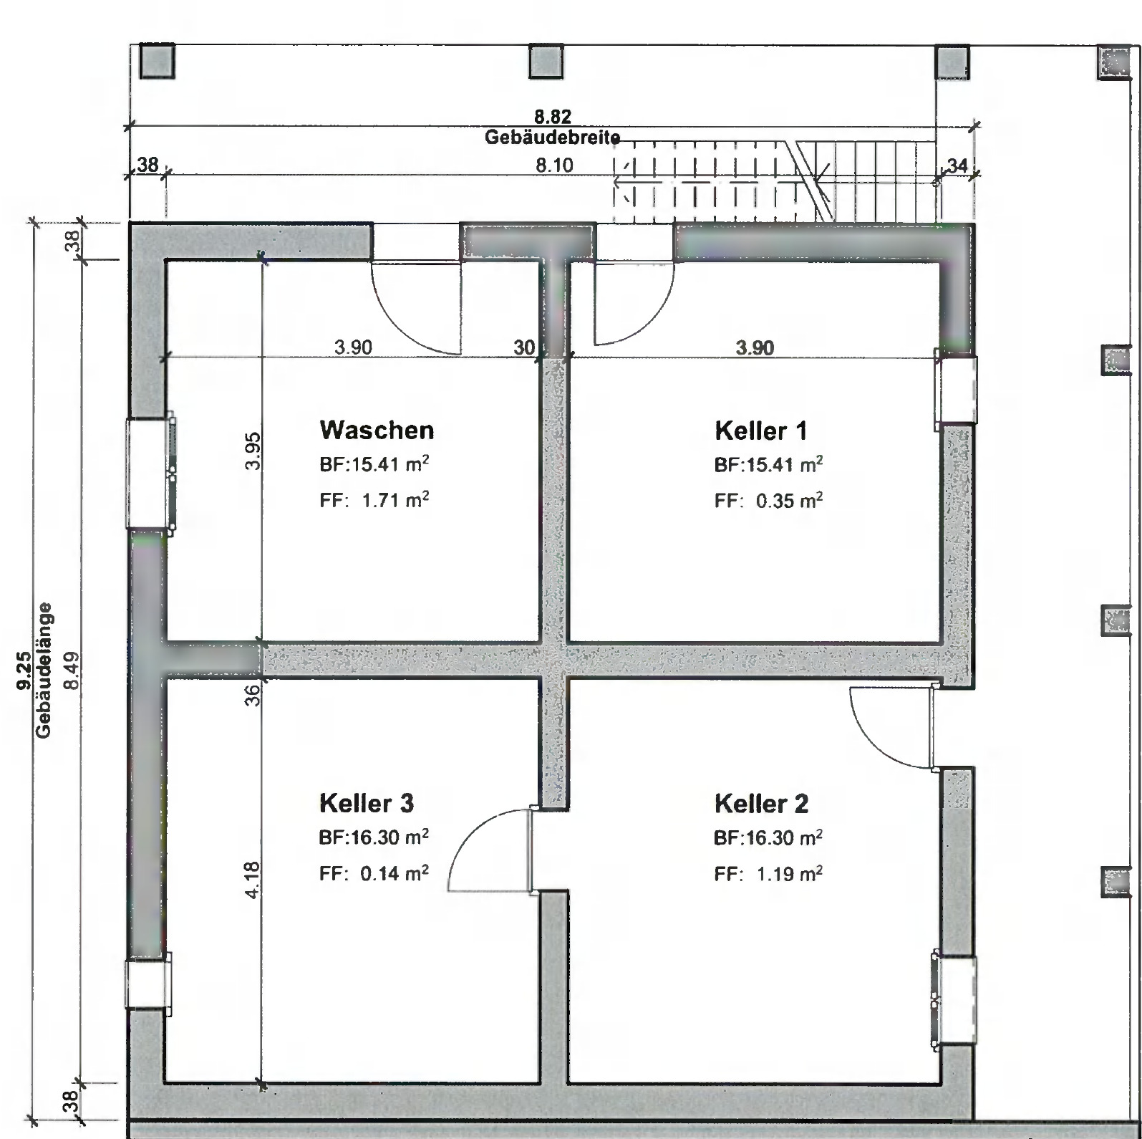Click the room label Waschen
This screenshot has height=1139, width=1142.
click(377, 430)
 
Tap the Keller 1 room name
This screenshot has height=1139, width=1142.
click(760, 431)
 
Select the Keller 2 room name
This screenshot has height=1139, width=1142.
click(761, 804)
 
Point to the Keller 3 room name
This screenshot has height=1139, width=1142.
click(367, 803)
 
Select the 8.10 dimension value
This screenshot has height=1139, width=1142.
click(554, 165)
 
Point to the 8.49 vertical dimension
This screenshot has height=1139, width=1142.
click(70, 671)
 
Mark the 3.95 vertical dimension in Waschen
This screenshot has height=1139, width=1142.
click(252, 451)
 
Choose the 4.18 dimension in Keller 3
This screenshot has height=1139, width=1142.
click(252, 879)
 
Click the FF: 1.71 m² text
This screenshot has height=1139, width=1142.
click(374, 500)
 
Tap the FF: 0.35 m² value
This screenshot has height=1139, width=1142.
click(768, 501)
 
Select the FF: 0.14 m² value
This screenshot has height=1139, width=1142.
click(374, 873)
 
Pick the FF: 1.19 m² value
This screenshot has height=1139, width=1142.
click(768, 874)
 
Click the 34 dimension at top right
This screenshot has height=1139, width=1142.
click(957, 166)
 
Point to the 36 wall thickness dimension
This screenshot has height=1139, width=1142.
click(252, 695)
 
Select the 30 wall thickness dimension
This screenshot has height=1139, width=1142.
click(524, 348)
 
